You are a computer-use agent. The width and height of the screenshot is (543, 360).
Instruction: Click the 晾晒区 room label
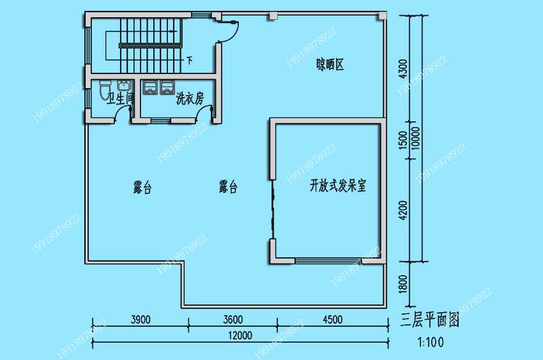330,64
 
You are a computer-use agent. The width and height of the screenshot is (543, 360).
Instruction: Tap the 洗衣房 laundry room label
190,98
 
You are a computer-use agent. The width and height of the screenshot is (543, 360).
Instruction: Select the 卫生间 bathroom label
120,98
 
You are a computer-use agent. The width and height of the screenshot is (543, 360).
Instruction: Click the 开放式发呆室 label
338,186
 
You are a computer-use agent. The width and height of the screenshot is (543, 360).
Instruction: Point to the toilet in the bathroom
105,89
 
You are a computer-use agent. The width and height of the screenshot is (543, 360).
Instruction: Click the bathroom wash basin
124,86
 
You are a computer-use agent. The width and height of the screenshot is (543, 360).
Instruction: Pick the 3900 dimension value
141,319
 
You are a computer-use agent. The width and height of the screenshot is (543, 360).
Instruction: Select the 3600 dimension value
233,319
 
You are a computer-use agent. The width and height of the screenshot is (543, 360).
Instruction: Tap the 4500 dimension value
332,319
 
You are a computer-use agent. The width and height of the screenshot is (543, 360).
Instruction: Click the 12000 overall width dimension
240,335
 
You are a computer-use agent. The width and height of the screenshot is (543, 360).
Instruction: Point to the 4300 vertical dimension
403,69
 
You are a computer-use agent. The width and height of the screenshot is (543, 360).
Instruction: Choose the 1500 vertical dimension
403,140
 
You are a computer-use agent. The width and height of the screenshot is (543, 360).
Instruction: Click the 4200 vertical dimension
403,210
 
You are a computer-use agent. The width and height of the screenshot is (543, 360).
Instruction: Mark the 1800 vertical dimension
403,284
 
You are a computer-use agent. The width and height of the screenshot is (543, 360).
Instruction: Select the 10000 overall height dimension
416,138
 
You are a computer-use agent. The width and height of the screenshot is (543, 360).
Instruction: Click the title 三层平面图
430,320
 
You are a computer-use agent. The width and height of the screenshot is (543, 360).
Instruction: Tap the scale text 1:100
431,342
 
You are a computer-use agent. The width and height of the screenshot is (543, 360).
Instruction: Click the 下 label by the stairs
190,61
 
